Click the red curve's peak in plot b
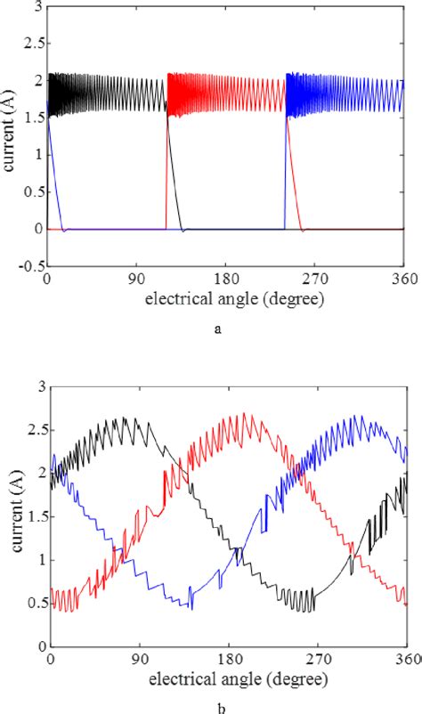(x=245, y=414)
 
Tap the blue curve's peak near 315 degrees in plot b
(x=358, y=416)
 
